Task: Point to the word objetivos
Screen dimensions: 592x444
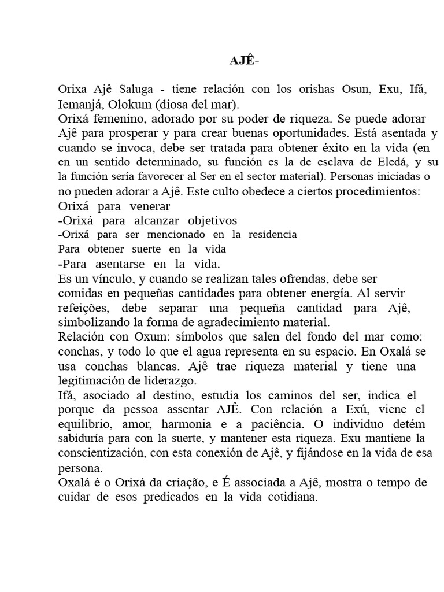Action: tap(208, 220)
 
